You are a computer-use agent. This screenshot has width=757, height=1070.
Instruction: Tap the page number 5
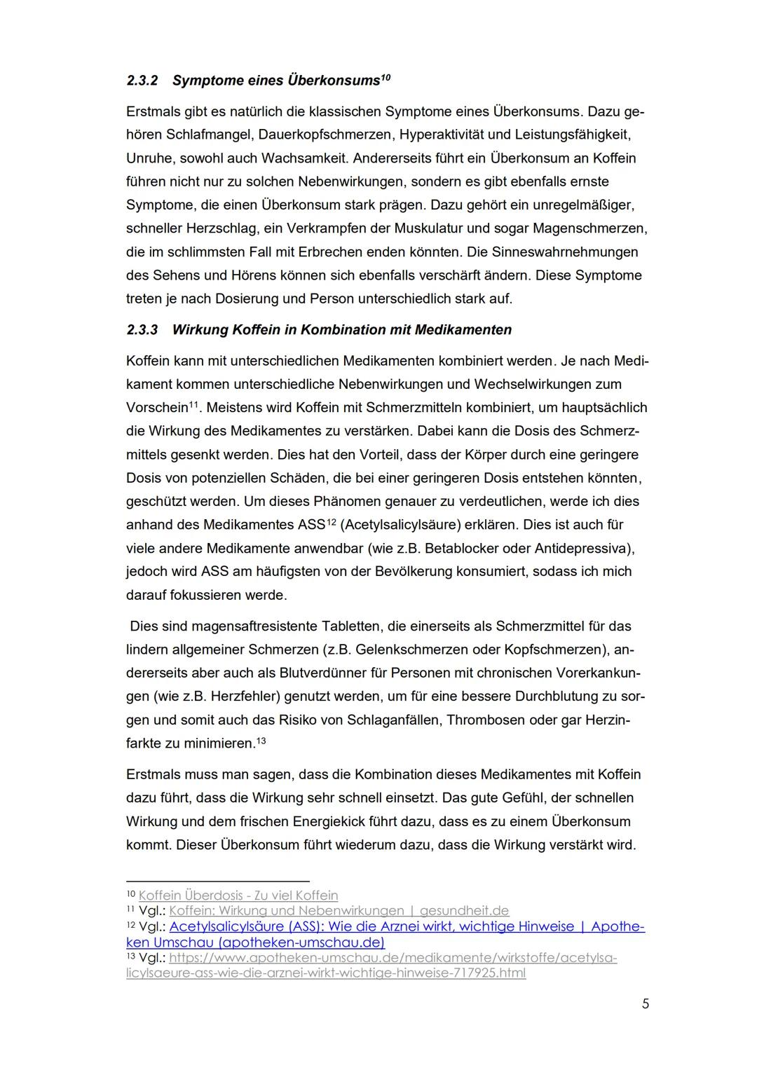645,1003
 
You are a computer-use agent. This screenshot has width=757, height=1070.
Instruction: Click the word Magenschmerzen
597,228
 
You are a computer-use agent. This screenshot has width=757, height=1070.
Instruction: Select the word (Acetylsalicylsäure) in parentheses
399,525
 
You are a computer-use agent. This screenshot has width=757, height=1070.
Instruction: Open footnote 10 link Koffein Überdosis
238,896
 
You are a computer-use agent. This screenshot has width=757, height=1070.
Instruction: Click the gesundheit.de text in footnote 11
464,911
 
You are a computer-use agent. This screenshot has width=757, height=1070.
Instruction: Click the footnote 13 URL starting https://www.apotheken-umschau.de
393,958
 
